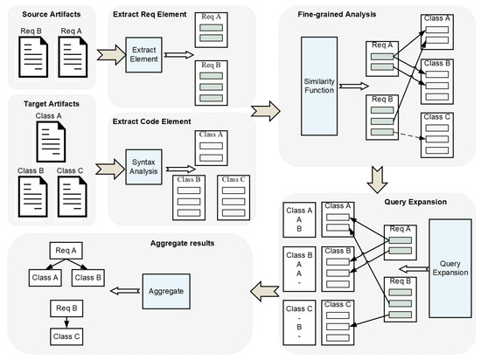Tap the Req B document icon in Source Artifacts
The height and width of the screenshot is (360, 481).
pos(31,55)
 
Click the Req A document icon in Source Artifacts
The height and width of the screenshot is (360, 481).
pos(74,55)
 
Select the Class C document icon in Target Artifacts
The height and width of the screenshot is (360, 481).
pos(73,193)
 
